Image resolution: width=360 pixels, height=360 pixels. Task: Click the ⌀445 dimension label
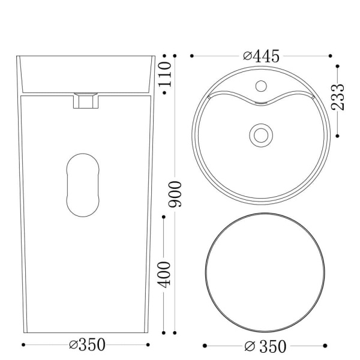[261, 56]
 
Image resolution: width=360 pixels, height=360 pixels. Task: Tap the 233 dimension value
[338, 97]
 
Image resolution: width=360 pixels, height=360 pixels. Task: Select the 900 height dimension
[175, 194]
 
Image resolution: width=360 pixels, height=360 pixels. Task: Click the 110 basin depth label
[165, 74]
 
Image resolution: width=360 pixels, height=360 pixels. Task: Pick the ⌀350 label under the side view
[87, 344]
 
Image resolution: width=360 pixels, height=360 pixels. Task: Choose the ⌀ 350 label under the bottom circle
[265, 346]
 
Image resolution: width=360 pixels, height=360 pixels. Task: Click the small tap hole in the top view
[261, 86]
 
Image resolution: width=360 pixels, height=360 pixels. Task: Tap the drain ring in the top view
[261, 136]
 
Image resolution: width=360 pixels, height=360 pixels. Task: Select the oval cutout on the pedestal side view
[83, 185]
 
